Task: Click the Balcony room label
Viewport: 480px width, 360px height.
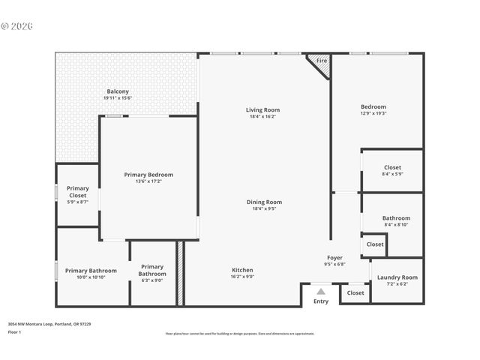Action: click(118, 91)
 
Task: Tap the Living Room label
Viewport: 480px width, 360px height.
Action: click(262, 110)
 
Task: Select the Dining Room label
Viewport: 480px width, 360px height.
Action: click(264, 202)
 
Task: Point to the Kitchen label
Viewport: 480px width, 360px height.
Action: click(242, 270)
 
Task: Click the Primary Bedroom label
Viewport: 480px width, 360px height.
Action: click(148, 175)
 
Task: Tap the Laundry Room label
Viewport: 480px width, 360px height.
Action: click(397, 277)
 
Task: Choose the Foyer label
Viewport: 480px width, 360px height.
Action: click(334, 258)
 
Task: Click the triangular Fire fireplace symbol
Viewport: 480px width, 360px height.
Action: click(321, 63)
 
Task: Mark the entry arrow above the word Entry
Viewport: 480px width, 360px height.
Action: click(320, 292)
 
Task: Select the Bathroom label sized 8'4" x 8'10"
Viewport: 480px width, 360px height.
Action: click(396, 218)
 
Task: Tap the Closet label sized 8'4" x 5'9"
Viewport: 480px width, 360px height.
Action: click(392, 168)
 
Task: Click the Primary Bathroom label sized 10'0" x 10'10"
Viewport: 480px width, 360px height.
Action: click(91, 271)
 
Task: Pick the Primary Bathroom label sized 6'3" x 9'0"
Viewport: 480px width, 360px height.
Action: click(152, 270)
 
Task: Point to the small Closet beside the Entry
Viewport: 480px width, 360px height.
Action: click(355, 293)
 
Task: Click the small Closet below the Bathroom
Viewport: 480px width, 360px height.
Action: click(375, 244)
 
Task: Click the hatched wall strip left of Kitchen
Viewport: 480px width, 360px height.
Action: click(180, 273)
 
